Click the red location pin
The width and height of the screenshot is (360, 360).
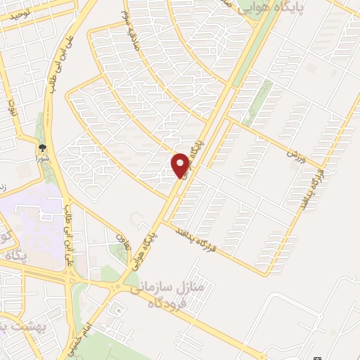[x=181, y=165]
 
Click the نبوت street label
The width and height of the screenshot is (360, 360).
[x=12, y=108]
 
